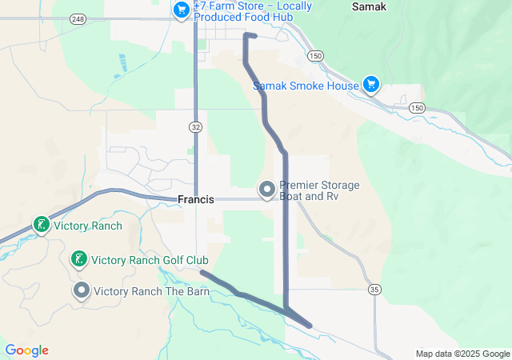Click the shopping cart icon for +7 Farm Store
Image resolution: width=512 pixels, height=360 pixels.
pos(182,10)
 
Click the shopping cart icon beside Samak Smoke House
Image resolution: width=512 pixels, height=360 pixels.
pos(370,84)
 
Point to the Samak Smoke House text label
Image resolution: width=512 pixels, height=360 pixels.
pos(306,86)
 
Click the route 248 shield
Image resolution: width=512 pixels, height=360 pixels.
pos(78,18)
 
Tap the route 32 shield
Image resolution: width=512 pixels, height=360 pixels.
pos(196,126)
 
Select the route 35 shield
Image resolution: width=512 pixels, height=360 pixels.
pos(374,289)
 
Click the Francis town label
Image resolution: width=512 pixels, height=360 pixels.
pos(196,199)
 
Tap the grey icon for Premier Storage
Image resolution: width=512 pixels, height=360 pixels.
pos(266,190)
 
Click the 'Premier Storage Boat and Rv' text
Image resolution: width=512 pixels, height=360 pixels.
pos(319,190)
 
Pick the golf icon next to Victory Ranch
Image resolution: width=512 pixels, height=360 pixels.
pos(41,225)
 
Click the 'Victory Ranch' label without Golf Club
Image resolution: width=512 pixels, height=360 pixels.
pos(88,226)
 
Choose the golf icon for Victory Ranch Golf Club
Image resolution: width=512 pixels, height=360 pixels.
pos(78,259)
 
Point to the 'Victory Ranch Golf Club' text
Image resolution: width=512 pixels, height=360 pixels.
pos(150,260)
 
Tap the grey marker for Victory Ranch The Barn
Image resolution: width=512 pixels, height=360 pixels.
pos(82,290)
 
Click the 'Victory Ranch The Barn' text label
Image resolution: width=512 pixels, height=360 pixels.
pos(152,291)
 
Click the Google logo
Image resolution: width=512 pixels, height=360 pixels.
pos(27,350)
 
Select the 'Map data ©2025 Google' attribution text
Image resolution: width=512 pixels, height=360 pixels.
pos(462,354)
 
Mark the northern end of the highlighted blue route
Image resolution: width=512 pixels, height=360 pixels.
pos(254,36)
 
